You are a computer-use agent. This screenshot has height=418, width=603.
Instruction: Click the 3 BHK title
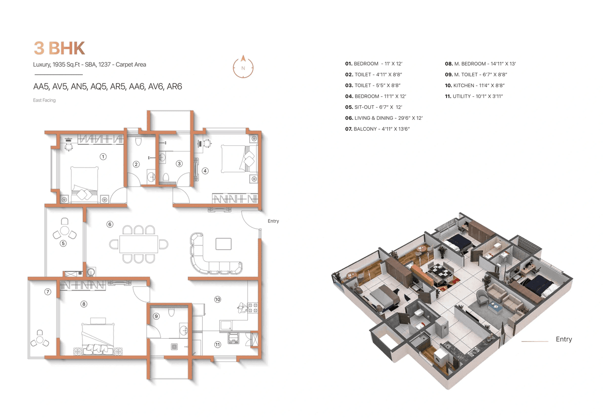coord(59,49)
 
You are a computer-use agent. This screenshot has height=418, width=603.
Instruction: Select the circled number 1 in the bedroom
coord(103,156)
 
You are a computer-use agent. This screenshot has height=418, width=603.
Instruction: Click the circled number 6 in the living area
coord(110,224)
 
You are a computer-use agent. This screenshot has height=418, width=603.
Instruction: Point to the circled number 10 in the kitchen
coord(218,299)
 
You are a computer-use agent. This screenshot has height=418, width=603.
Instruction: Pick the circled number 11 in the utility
coord(218,344)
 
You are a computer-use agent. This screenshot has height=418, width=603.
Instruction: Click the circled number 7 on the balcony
coord(48,292)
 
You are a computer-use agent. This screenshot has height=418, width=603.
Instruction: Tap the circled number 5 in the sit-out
coord(63,243)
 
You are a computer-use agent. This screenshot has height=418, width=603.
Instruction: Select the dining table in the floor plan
coord(139,244)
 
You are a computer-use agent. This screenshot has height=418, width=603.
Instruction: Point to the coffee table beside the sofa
coord(223,243)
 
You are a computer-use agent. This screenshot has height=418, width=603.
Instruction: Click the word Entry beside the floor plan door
coord(273,221)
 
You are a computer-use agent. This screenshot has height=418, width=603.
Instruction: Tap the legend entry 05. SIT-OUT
coord(374,107)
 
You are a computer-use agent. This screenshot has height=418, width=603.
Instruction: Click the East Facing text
coord(44,100)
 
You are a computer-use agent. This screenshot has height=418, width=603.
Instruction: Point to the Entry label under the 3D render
coord(563,339)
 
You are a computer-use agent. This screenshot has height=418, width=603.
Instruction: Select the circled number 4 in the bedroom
coord(205,171)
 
